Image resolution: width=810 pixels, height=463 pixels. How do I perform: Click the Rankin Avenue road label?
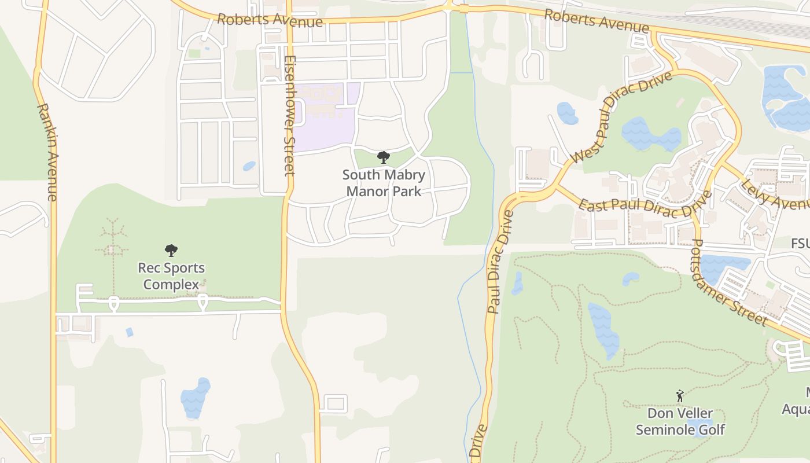click(47, 152)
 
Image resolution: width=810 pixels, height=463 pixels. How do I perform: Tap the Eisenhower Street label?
click(290, 116)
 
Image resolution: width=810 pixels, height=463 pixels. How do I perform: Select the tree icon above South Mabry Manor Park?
click(383, 157)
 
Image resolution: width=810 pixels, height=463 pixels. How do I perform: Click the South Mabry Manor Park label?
click(384, 182)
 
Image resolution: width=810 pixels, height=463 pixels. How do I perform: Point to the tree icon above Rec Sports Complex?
click(171, 251)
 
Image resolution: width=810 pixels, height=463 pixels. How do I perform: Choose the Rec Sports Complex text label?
click(171, 276)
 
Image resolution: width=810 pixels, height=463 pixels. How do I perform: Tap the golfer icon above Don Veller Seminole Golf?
click(680, 396)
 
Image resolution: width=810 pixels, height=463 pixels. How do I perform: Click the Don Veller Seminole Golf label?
click(680, 421)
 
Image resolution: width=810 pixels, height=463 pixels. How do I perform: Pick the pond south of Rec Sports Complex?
click(195, 398)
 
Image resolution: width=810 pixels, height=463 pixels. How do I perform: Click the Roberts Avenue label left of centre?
click(270, 21)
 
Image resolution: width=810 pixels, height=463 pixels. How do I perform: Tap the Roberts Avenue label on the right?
click(597, 21)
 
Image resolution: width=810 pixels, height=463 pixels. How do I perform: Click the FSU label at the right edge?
click(800, 244)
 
